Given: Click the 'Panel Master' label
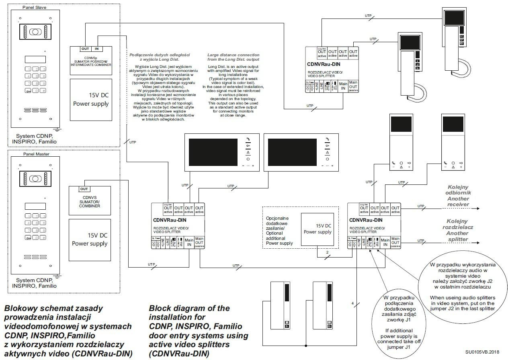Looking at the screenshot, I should tap(34, 154).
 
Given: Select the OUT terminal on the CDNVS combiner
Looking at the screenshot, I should tap(84, 189).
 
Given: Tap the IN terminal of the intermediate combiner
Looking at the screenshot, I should tap(96, 49).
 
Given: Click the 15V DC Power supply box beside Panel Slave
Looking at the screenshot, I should tap(91, 100).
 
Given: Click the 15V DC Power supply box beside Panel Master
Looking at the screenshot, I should tap(90, 239).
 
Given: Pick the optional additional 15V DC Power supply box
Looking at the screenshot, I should tap(317, 229).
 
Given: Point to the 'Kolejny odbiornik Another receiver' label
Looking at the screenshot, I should tap(458, 196).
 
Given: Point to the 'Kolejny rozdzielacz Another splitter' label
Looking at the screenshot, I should tap(457, 230).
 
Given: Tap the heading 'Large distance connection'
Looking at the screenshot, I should tap(233, 55).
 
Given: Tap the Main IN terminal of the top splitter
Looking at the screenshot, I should tap(343, 86).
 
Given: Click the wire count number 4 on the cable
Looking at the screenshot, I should tap(352, 303).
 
